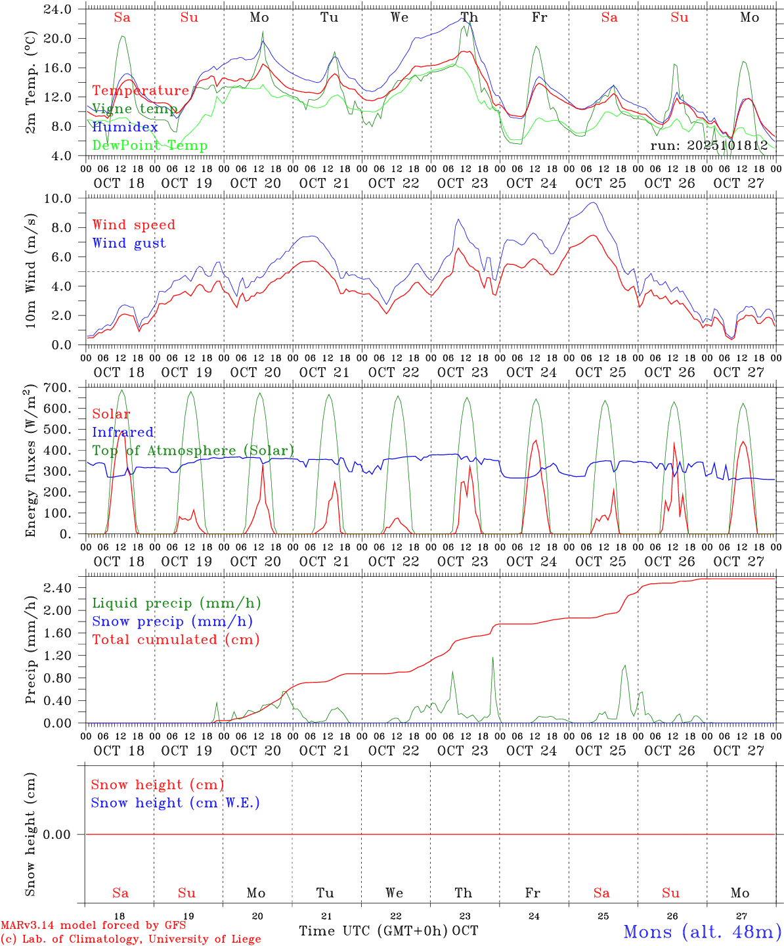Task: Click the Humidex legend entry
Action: pos(125,127)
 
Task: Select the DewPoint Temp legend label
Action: pos(150,146)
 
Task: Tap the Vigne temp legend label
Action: pos(135,109)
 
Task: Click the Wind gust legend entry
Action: pos(129,243)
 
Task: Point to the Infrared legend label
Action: pos(123,432)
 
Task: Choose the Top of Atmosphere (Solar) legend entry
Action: pos(193,451)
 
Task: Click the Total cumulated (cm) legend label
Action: pos(176,639)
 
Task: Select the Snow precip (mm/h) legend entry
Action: pos(172,621)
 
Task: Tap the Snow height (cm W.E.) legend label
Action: pos(175,803)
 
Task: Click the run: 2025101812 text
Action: pos(709,146)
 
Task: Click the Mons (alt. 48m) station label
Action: pos(702,932)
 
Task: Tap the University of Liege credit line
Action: pos(131,939)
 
